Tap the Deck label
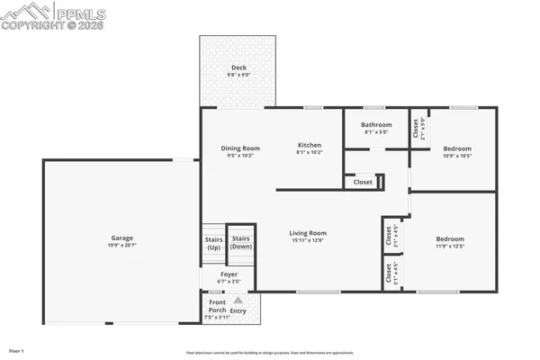tap(238, 68)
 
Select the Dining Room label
tap(240, 148)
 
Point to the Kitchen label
tap(309, 145)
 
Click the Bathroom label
tap(376, 125)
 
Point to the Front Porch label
tap(212, 306)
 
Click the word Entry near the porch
tap(238, 310)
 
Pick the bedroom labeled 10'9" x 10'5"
tap(456, 148)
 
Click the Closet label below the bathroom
tap(363, 182)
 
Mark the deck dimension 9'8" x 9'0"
tap(238, 76)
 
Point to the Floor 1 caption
tap(17, 350)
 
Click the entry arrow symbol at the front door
tap(238, 301)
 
